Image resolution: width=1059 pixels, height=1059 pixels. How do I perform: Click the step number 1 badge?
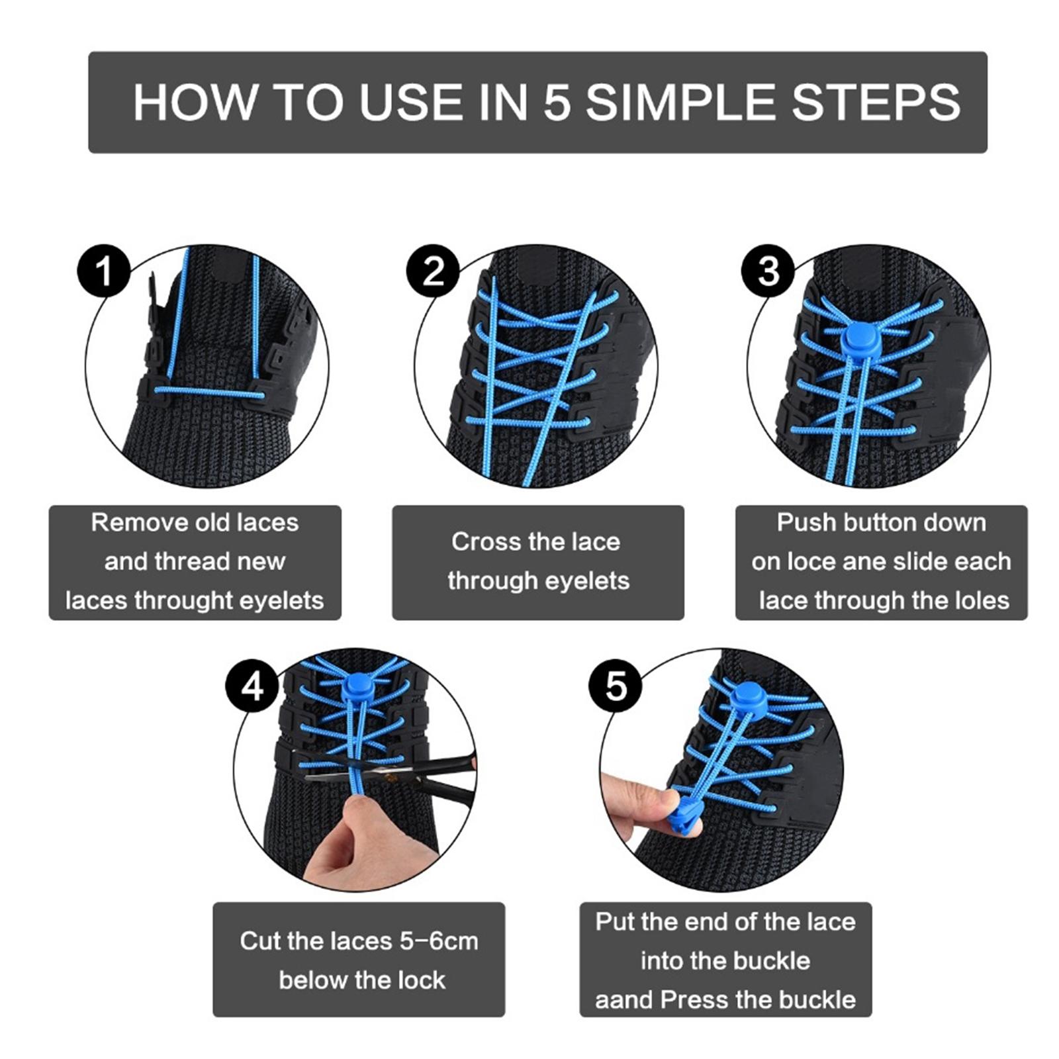(x=104, y=271)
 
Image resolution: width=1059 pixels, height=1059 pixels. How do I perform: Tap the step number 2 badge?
(x=433, y=271)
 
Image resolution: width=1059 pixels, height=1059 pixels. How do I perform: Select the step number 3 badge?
(x=768, y=271)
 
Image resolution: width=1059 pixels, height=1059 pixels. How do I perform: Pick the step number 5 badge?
(x=616, y=686)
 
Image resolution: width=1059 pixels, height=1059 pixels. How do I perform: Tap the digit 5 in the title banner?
(x=557, y=103)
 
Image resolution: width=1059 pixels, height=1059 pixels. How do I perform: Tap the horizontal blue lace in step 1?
(x=208, y=393)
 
